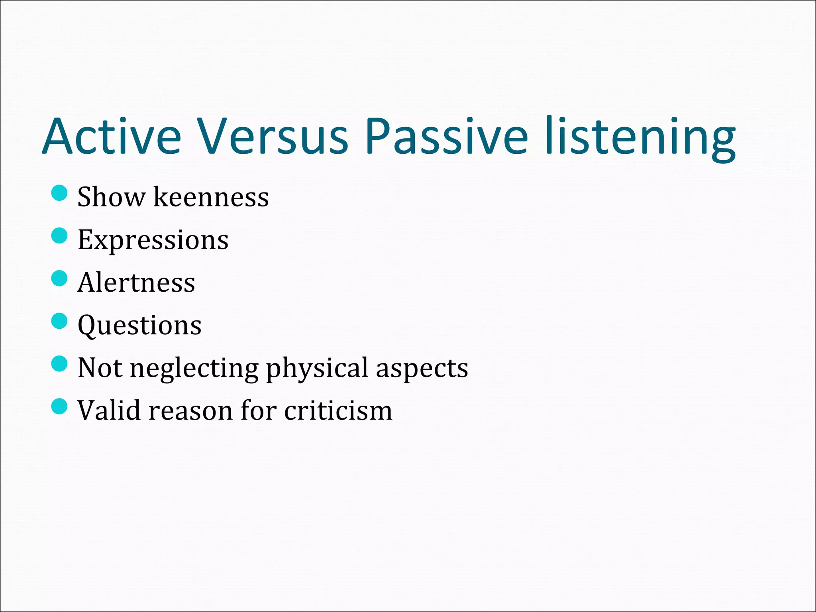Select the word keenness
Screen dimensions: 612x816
pyautogui.click(x=211, y=197)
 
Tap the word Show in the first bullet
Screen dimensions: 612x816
pyautogui.click(x=111, y=197)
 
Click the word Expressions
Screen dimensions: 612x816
pyautogui.click(x=153, y=240)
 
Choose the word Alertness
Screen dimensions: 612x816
pyautogui.click(x=136, y=282)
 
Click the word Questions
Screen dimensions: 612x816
pyautogui.click(x=139, y=326)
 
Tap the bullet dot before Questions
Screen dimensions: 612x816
pyautogui.click(x=59, y=321)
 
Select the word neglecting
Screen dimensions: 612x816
pyautogui.click(x=194, y=369)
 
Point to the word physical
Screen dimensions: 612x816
pyautogui.click(x=317, y=369)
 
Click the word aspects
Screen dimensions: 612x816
pyautogui.click(x=422, y=369)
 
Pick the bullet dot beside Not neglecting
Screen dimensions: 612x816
pyautogui.click(x=59, y=363)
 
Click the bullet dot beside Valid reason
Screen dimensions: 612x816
pyautogui.click(x=59, y=406)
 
